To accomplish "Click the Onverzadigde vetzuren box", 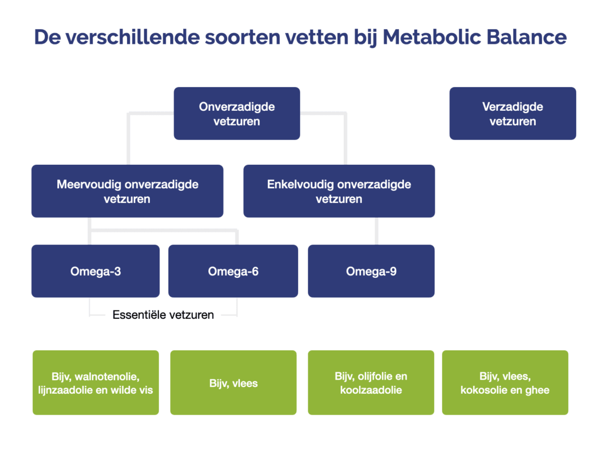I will pyautogui.click(x=236, y=113).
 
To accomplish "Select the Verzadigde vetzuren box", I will pyautogui.click(x=512, y=113).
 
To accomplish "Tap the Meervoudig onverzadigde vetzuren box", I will pyautogui.click(x=127, y=191).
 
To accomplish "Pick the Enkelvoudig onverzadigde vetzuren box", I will pyautogui.click(x=339, y=191).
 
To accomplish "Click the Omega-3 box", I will pyautogui.click(x=95, y=271).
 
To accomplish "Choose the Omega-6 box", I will pyautogui.click(x=233, y=271).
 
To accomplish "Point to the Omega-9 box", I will pyautogui.click(x=371, y=271).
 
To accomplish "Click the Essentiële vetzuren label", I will pyautogui.click(x=163, y=315).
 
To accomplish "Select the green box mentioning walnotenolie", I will pyautogui.click(x=95, y=382).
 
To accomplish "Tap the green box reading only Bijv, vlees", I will pyautogui.click(x=233, y=382).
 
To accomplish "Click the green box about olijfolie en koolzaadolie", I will pyautogui.click(x=371, y=382).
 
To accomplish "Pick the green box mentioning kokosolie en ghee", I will pyautogui.click(x=505, y=382).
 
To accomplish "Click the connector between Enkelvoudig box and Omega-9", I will pyautogui.click(x=376, y=231).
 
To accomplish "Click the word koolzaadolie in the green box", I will pyautogui.click(x=371, y=390).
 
